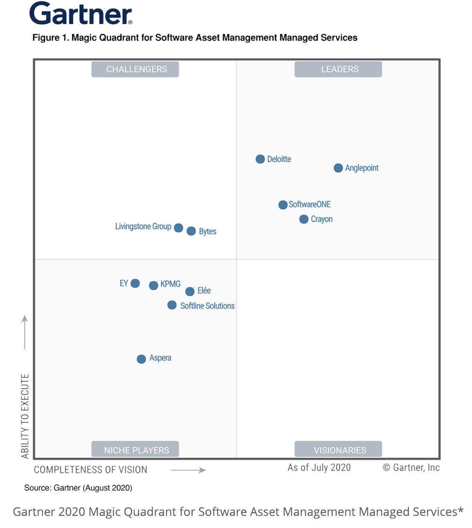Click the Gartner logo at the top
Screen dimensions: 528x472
(81, 14)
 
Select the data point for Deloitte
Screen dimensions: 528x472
(260, 159)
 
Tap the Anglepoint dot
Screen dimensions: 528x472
(338, 168)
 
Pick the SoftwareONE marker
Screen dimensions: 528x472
(283, 205)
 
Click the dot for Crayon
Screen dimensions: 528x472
(303, 219)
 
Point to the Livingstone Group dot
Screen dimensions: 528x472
(179, 228)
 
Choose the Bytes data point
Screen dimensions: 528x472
(191, 231)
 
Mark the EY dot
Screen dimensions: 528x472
(135, 283)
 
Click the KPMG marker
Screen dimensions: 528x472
(153, 285)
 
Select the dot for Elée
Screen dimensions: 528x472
(190, 292)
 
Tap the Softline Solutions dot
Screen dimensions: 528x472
(172, 305)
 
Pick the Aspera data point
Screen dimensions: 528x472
(141, 359)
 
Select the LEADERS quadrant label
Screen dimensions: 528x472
(338, 69)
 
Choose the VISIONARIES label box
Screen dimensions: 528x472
(338, 449)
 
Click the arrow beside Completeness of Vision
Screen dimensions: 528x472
(188, 470)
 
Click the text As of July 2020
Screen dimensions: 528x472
(319, 467)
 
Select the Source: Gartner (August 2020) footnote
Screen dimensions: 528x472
(78, 488)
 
